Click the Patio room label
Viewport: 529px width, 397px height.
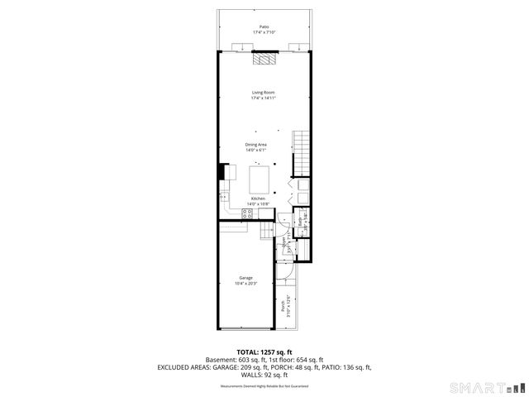[x=264, y=26]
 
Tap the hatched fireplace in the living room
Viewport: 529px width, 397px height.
[x=264, y=60]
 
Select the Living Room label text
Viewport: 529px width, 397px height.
[x=264, y=92]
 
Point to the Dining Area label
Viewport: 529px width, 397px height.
[x=256, y=145]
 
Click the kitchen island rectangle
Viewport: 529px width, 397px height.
[x=259, y=175]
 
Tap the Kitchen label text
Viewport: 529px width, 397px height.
[x=259, y=198]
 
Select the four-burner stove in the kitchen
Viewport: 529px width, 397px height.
[x=246, y=214]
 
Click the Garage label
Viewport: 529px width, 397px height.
[x=246, y=278]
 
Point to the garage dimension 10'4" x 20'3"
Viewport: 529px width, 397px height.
[x=246, y=284]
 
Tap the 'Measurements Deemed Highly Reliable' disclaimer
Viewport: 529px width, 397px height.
[x=264, y=385]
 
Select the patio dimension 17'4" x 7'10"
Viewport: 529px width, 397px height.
[x=264, y=32]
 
